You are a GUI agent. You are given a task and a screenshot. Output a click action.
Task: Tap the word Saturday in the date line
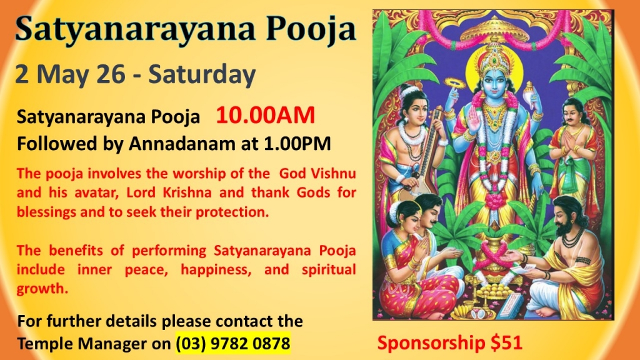tap(202, 75)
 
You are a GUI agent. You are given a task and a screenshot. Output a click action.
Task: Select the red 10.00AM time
tap(265, 115)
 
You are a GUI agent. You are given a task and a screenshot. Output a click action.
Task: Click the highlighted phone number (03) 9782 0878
tap(233, 343)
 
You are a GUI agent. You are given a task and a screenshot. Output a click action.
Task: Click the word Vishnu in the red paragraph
tap(333, 174)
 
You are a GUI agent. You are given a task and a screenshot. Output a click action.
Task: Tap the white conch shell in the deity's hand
tap(530, 92)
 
